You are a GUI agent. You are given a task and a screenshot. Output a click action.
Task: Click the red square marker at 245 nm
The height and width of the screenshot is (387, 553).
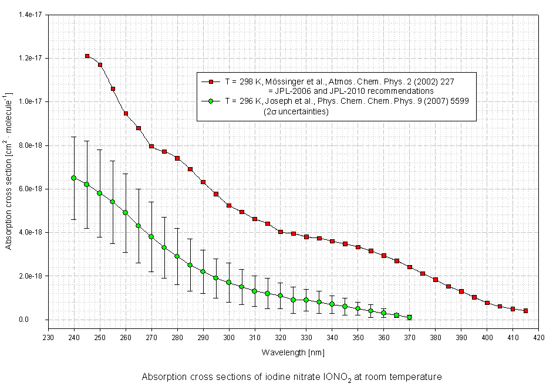tap(87, 56)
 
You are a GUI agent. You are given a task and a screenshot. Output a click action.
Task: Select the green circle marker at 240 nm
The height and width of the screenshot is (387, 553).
tap(74, 178)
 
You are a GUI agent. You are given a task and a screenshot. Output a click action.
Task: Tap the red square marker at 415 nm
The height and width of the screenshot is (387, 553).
tap(525, 311)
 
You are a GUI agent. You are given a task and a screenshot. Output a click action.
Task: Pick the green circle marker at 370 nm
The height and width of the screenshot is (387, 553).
tap(409, 317)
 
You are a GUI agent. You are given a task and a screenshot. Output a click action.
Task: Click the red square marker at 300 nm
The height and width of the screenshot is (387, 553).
tap(229, 206)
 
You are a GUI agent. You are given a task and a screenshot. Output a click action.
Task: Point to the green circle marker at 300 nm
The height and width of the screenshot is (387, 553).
tap(229, 282)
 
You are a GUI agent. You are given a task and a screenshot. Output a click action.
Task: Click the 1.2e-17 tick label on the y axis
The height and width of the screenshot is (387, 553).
tap(30, 58)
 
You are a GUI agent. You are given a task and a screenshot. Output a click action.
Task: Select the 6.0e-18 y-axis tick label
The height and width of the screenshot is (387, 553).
tap(30, 189)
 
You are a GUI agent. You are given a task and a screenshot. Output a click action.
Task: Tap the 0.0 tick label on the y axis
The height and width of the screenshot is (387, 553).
tap(38, 320)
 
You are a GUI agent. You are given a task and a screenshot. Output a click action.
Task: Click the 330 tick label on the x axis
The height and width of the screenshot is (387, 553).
tap(306, 338)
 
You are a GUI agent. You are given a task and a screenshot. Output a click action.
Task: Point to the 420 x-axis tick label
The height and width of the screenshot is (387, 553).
tap(538, 338)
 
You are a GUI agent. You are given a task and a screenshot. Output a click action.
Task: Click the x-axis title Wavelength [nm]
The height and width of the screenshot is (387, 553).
tap(293, 352)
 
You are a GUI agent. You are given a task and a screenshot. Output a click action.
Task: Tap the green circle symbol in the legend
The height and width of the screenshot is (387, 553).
tap(210, 101)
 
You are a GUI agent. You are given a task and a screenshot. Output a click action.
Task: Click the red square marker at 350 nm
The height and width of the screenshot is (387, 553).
tap(358, 247)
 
